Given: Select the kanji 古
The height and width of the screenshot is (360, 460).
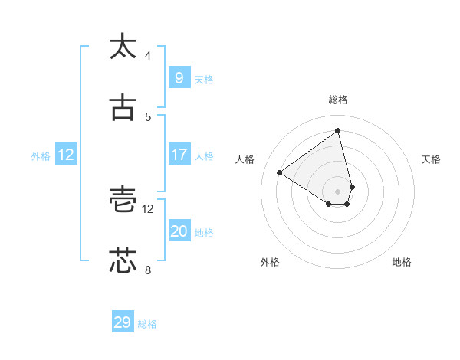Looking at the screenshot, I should click(x=123, y=109).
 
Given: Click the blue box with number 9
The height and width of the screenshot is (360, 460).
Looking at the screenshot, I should click(x=179, y=77).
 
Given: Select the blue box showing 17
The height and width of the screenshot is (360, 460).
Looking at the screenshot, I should click(x=179, y=155).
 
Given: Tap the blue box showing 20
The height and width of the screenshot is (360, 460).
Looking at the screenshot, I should click(x=179, y=231).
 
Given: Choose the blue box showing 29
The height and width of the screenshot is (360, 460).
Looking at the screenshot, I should click(x=123, y=322).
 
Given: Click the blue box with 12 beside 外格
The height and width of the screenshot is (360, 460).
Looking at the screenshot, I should click(x=66, y=155).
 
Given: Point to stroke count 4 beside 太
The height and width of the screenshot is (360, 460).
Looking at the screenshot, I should click(x=148, y=56).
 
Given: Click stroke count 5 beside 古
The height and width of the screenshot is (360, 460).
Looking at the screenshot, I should click(x=148, y=117).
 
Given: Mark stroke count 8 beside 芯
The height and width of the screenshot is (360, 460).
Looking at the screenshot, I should click(x=148, y=270).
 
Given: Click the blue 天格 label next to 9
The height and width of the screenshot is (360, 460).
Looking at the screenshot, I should click(x=204, y=80).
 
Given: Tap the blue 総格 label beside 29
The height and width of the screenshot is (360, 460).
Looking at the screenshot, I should click(x=147, y=325).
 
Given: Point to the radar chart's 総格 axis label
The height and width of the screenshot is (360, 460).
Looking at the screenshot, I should click(x=338, y=100).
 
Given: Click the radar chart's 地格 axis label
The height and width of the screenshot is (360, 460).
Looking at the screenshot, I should click(x=402, y=263).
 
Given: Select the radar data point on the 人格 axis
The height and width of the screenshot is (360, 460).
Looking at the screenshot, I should click(x=280, y=173).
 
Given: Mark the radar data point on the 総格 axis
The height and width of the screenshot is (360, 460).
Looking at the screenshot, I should click(x=338, y=131).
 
